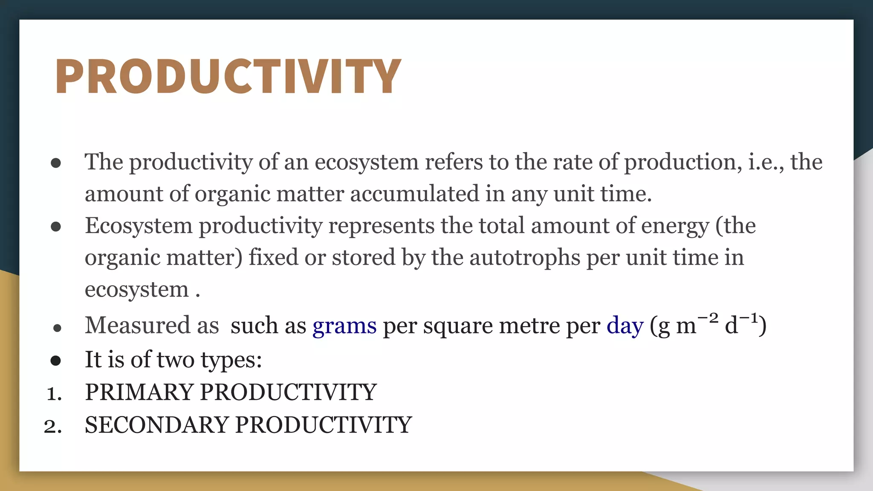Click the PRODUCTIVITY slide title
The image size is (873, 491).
[x=228, y=76]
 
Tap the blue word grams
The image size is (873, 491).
[x=344, y=326]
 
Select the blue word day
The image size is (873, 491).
[x=624, y=326]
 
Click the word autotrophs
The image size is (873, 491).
[x=525, y=258]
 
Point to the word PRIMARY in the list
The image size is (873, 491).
[x=139, y=392]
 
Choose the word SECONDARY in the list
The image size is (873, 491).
[x=157, y=425]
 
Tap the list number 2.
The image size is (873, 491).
[x=53, y=426]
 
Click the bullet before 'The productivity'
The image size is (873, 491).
[x=56, y=163]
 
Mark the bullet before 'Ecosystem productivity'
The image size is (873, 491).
[x=56, y=226]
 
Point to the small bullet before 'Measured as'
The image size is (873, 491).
[x=57, y=328]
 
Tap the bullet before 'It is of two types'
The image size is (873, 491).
[x=56, y=361]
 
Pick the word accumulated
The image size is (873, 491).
[x=414, y=194]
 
